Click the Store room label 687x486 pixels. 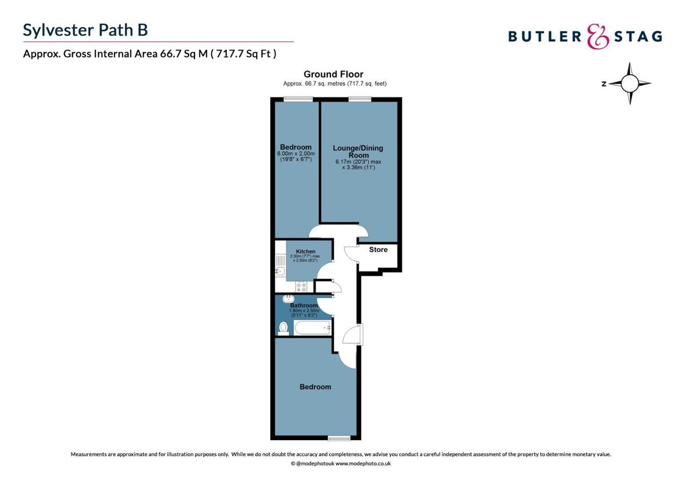(x=378, y=250)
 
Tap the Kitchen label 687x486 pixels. (x=306, y=252)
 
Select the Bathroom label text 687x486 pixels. (x=303, y=305)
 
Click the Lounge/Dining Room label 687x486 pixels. (x=358, y=151)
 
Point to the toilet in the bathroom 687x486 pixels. (x=283, y=328)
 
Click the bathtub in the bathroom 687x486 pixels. (x=313, y=328)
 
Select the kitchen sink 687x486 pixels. (x=281, y=271)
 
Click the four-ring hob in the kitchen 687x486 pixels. (x=302, y=286)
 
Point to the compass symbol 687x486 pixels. (x=629, y=84)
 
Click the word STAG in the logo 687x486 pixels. (x=638, y=37)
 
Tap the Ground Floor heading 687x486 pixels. (x=333, y=74)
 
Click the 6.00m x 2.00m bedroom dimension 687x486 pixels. (x=295, y=154)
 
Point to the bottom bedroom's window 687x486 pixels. (x=339, y=438)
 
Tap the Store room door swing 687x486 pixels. (x=350, y=254)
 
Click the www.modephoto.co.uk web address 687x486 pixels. (x=363, y=463)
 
